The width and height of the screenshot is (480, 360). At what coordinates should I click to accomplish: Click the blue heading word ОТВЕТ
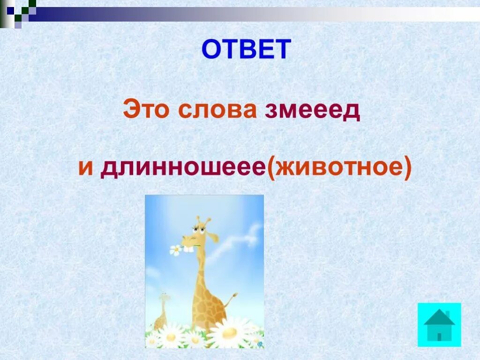(246, 49)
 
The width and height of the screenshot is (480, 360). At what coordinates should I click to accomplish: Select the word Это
(146, 109)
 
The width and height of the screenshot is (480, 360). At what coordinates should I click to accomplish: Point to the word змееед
(313, 111)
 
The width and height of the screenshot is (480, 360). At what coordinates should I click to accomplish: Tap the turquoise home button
(439, 325)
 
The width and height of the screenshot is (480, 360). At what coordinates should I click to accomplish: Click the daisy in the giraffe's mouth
(176, 250)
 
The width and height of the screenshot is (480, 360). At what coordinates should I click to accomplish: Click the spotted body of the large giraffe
(208, 300)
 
